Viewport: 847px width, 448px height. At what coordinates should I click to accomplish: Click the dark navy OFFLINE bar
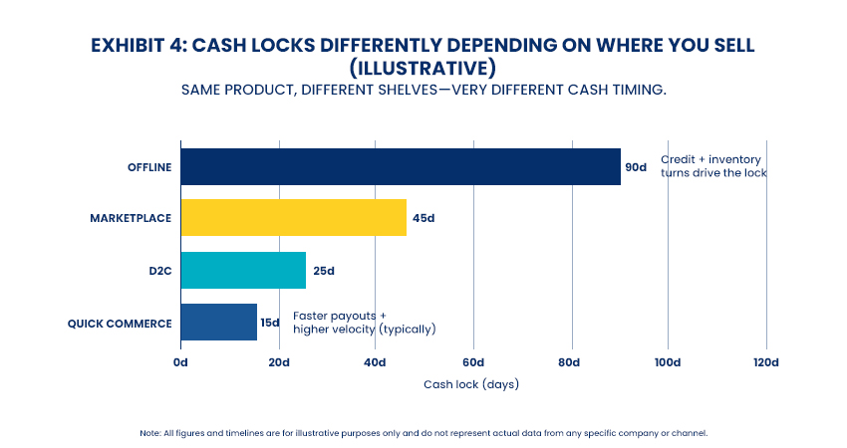point(401,166)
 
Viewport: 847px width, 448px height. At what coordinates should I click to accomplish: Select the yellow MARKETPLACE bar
point(294,218)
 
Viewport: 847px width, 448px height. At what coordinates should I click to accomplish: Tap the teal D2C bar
point(243,270)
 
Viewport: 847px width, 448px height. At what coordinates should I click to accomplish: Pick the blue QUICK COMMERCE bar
point(218,323)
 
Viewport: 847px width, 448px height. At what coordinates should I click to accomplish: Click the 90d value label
point(636,167)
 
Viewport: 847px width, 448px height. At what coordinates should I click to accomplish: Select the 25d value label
point(323,271)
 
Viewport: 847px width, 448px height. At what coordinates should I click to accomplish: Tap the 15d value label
point(270,323)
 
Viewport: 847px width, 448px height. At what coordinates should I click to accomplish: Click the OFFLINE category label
point(148,167)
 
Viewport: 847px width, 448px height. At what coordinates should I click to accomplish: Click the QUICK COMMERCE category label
point(120,323)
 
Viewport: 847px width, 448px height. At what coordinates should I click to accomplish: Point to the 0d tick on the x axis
point(180,361)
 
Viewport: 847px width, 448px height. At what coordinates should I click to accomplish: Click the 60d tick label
point(472,361)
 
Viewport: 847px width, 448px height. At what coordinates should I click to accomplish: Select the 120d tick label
point(765,361)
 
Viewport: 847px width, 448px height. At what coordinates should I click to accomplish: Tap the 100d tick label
point(668,361)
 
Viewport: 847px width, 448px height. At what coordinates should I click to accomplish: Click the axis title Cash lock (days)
point(471,384)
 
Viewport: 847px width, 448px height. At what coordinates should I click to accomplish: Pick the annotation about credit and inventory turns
point(713,166)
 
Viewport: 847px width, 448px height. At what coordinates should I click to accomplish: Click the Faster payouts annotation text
point(364,323)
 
